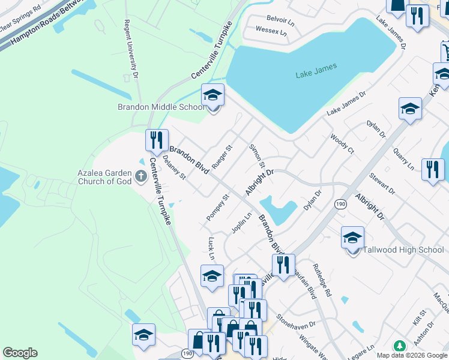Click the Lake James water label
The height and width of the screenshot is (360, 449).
[316, 71]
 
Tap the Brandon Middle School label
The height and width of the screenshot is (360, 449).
[161, 107]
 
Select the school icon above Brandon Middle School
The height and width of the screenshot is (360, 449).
[212, 95]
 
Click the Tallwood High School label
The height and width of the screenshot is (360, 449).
[404, 250]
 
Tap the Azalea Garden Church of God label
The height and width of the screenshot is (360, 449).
[104, 176]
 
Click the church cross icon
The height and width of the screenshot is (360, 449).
[141, 176]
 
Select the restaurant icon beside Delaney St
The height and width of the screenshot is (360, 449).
[157, 140]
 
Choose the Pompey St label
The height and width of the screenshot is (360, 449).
[217, 206]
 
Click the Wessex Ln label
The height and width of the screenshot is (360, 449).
[271, 30]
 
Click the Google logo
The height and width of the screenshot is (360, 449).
[20, 353]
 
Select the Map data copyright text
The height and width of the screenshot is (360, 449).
[411, 355]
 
